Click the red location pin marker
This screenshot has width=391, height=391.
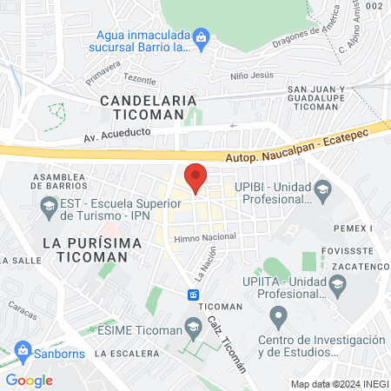[195, 177]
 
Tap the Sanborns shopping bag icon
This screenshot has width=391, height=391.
[22, 355]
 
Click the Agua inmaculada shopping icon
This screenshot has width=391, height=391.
[202, 36]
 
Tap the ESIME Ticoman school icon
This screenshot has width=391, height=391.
[192, 328]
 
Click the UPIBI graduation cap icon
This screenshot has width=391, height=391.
[323, 189]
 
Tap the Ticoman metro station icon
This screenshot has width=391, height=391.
[193, 295]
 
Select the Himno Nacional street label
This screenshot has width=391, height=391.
[205, 236]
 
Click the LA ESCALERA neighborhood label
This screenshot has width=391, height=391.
[127, 354]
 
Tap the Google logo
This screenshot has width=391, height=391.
[29, 380]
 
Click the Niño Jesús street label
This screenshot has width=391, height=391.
[252, 76]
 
